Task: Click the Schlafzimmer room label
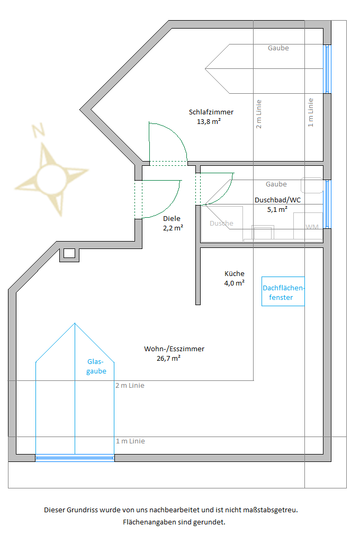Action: click(x=211, y=112)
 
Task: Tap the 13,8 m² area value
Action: click(x=209, y=122)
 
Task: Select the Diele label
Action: click(x=172, y=219)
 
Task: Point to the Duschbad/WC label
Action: click(x=277, y=200)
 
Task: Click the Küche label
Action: click(x=235, y=273)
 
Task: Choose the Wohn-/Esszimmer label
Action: click(x=174, y=349)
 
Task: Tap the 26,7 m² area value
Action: click(x=168, y=358)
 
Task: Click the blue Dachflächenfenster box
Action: click(x=283, y=291)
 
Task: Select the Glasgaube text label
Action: click(x=96, y=367)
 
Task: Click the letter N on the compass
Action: click(x=38, y=130)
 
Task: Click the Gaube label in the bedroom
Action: click(x=278, y=48)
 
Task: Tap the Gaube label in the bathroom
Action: click(x=276, y=184)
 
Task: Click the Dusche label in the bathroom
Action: click(x=221, y=224)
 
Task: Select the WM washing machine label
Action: click(x=312, y=227)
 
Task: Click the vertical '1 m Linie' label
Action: click(x=310, y=113)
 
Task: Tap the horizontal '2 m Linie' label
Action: click(x=130, y=386)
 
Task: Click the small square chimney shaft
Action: click(x=69, y=253)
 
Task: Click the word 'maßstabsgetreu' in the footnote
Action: click(x=270, y=510)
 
